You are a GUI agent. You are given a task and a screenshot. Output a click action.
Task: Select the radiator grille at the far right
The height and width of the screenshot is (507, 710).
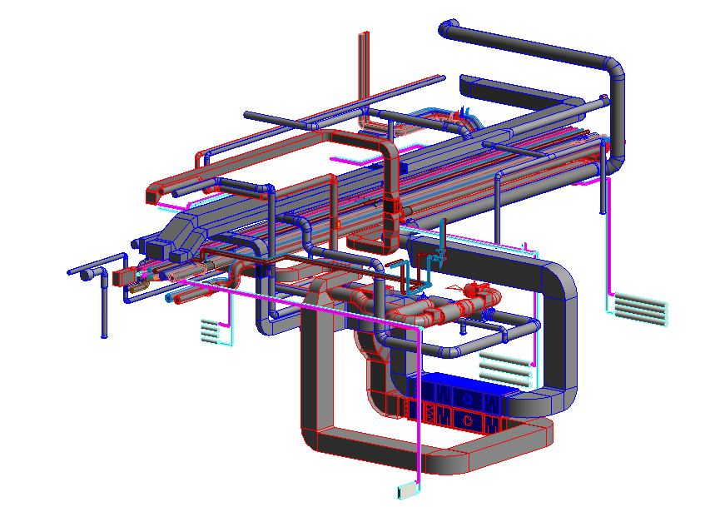point(641,307)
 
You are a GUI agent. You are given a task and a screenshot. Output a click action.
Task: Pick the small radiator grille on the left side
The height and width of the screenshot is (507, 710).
point(210,331)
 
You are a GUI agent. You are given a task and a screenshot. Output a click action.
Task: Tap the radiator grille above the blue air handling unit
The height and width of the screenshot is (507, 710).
point(504,365)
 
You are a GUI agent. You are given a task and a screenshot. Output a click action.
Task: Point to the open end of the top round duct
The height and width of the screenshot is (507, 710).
point(447,31)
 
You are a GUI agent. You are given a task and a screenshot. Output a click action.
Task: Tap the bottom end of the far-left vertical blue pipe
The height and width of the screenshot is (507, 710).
point(104,335)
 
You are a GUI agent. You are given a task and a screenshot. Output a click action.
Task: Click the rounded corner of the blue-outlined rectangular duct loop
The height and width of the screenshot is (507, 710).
point(559,275)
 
